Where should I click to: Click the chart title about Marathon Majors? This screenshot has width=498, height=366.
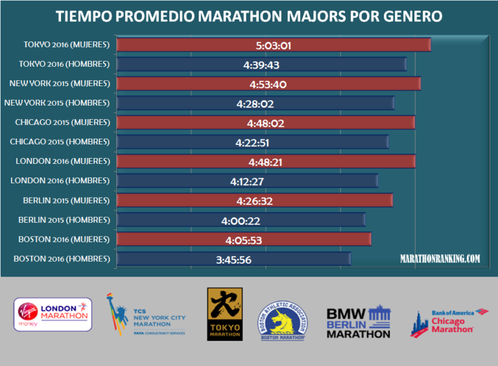point(249,16)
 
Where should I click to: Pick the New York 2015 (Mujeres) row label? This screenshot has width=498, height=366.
point(59,84)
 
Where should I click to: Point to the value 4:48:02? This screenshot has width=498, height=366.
point(266,123)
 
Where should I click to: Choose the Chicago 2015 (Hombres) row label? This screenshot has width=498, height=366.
point(60,142)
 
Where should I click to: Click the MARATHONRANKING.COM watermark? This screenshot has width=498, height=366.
point(440,258)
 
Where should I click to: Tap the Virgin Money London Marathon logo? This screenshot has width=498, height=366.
point(53,314)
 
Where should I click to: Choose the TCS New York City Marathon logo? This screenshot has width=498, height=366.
point(147,315)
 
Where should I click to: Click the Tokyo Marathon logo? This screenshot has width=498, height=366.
point(224,314)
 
